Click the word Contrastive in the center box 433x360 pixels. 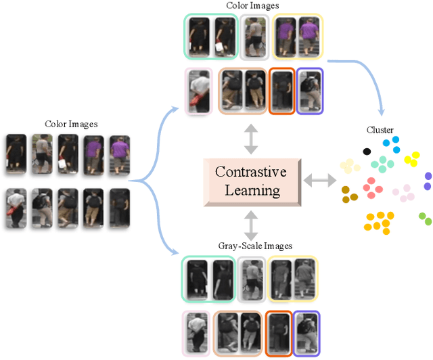click(250, 172)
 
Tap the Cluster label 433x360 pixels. click(380, 130)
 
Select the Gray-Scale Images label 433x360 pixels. click(250, 246)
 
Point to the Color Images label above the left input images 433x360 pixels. click(71, 124)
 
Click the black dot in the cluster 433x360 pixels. click(367, 151)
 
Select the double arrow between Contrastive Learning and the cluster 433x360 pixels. click(319, 181)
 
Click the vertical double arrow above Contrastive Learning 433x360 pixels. click(250, 139)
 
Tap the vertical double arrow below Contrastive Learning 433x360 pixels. click(250, 223)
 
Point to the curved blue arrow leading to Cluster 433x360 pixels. click(365, 74)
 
